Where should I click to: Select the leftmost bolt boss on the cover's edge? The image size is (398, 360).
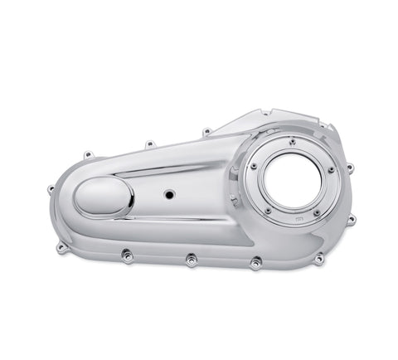pyautogui.click(x=51, y=189)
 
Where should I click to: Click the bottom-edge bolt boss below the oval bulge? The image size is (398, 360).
pyautogui.click(x=126, y=256)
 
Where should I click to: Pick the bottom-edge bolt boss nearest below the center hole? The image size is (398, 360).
pyautogui.click(x=191, y=260)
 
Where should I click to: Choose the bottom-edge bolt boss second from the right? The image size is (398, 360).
pyautogui.click(x=255, y=263)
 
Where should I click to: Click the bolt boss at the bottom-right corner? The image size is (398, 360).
pyautogui.click(x=318, y=259)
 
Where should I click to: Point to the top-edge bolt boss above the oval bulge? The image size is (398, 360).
pyautogui.click(x=87, y=154)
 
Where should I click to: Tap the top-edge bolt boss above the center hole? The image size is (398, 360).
pyautogui.click(x=148, y=144)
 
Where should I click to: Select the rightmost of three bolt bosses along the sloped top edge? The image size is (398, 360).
pyautogui.click(x=206, y=130)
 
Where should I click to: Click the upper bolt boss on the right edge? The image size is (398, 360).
pyautogui.click(x=349, y=168)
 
